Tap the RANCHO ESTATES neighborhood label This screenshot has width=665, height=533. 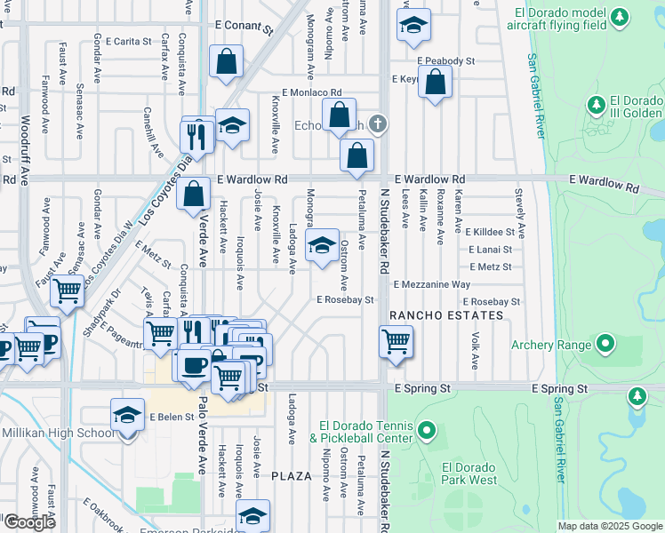click(x=445, y=315)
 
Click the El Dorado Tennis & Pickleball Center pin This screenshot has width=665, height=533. click(x=427, y=432)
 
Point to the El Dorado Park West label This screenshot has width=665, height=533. click(x=469, y=473)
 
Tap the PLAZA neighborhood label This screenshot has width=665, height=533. click(x=292, y=476)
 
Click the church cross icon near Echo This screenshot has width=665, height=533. click(x=377, y=123)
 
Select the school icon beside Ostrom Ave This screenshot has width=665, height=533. click(x=322, y=245)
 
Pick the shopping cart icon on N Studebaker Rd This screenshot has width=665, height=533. click(x=396, y=340)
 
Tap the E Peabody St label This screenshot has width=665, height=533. click(x=445, y=61)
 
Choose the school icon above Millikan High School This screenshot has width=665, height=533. click(x=127, y=414)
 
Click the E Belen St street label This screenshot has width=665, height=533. click(x=172, y=417)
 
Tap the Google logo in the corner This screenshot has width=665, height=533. click(x=28, y=522)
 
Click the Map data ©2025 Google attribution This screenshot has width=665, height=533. click(x=609, y=526)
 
